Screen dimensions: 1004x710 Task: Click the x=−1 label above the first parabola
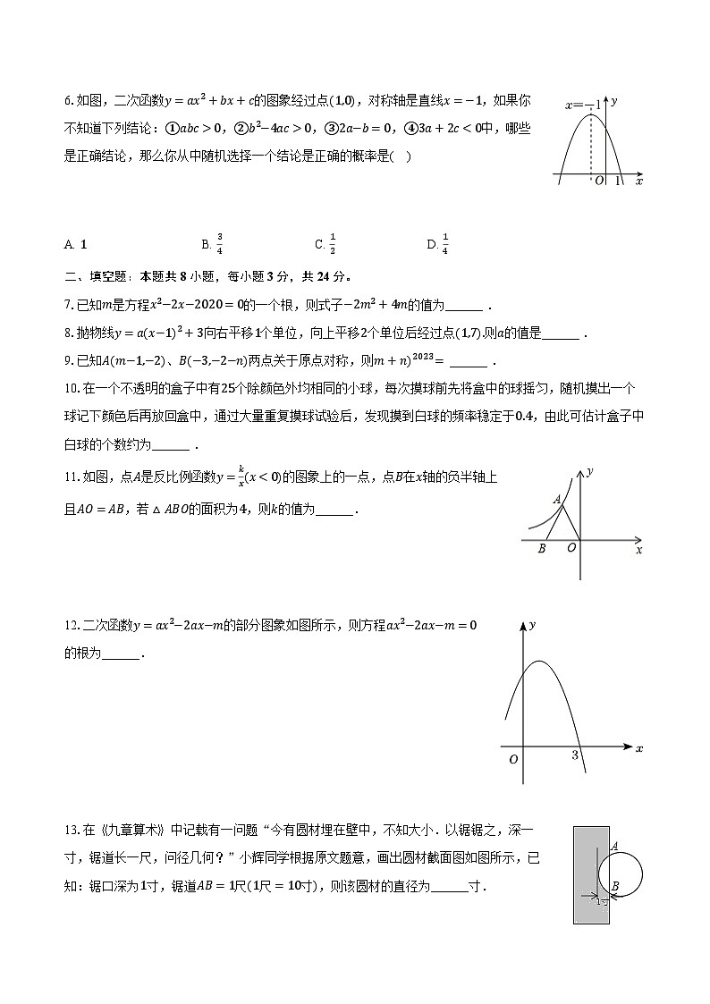click(581, 105)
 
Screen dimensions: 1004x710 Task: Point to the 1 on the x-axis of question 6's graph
click(617, 181)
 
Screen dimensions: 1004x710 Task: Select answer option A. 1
click(76, 244)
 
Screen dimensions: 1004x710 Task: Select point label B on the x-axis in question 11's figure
click(542, 549)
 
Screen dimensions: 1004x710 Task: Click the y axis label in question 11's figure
click(591, 470)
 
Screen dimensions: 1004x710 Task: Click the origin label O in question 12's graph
click(513, 759)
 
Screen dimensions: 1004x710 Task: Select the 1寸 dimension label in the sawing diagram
click(603, 901)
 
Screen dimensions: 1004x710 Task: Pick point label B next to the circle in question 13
click(615, 887)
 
